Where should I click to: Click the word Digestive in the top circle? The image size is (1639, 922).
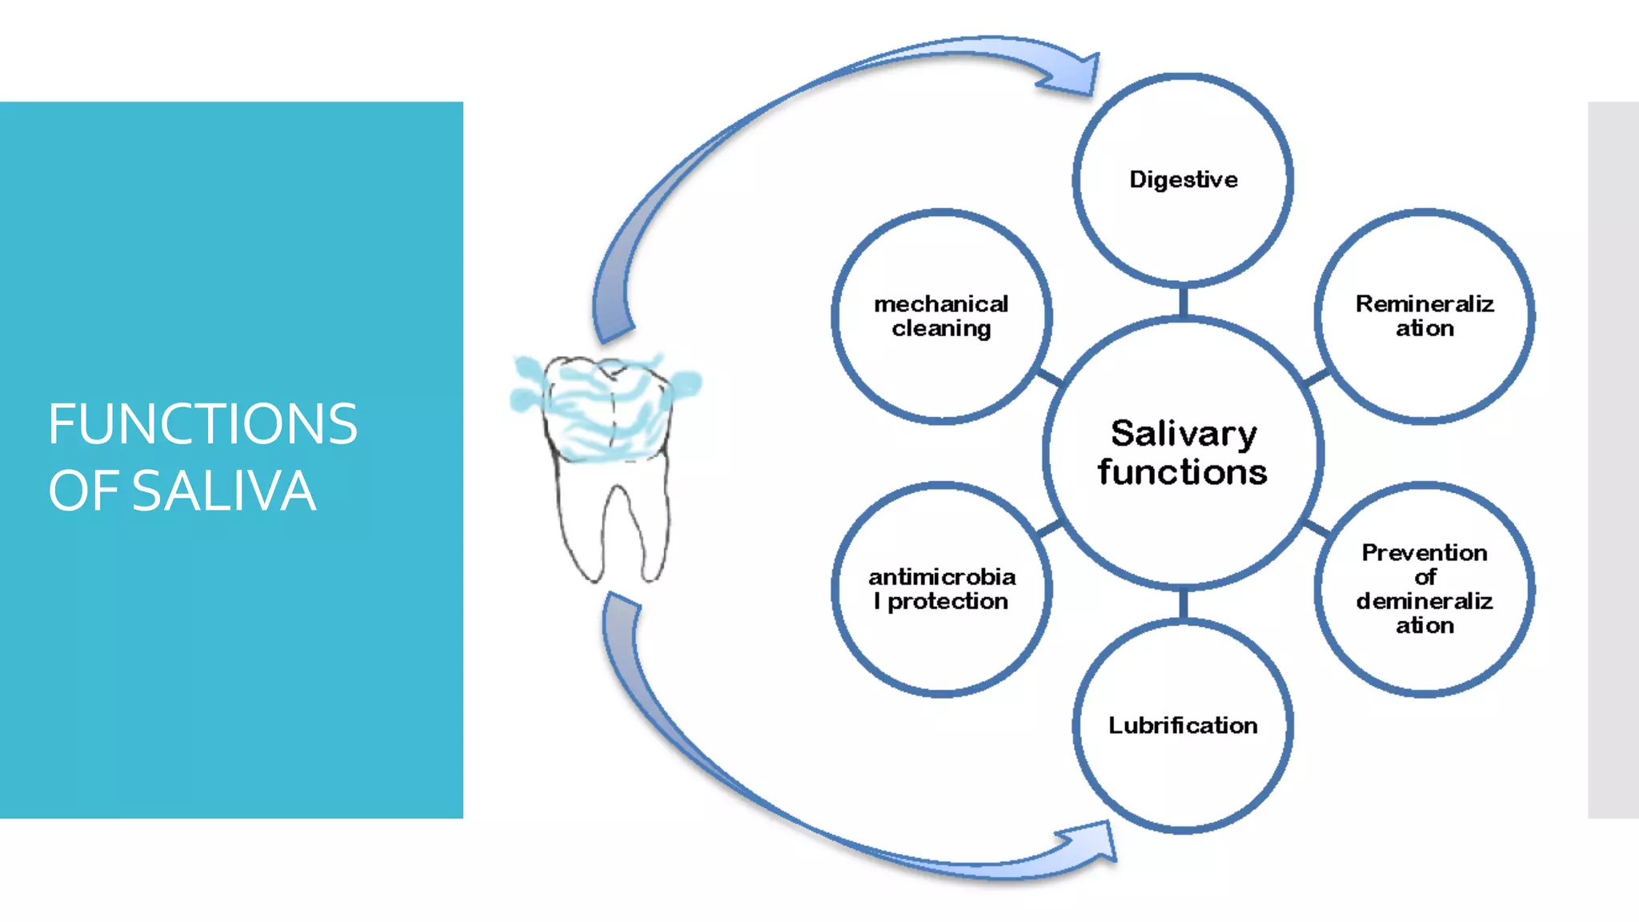(x=1183, y=179)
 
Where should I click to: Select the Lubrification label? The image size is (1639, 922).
(x=1183, y=725)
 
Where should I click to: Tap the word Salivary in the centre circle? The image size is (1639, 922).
(x=1184, y=434)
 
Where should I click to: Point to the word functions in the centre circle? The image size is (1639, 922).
(x=1183, y=472)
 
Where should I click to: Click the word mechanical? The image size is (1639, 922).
(x=941, y=304)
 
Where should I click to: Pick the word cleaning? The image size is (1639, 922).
(x=941, y=329)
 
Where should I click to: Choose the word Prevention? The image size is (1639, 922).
(x=1425, y=552)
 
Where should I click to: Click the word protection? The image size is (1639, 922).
(x=948, y=601)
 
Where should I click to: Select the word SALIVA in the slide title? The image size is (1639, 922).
(x=223, y=491)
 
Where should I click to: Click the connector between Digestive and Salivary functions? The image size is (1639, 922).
(x=1183, y=301)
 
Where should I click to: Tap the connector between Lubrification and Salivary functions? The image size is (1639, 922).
(x=1183, y=604)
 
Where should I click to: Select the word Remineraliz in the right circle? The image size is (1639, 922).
(x=1425, y=304)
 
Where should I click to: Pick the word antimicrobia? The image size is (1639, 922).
(x=942, y=577)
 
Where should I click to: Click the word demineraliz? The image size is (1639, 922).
(x=1425, y=601)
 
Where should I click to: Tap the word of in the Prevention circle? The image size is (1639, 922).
(x=1425, y=577)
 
